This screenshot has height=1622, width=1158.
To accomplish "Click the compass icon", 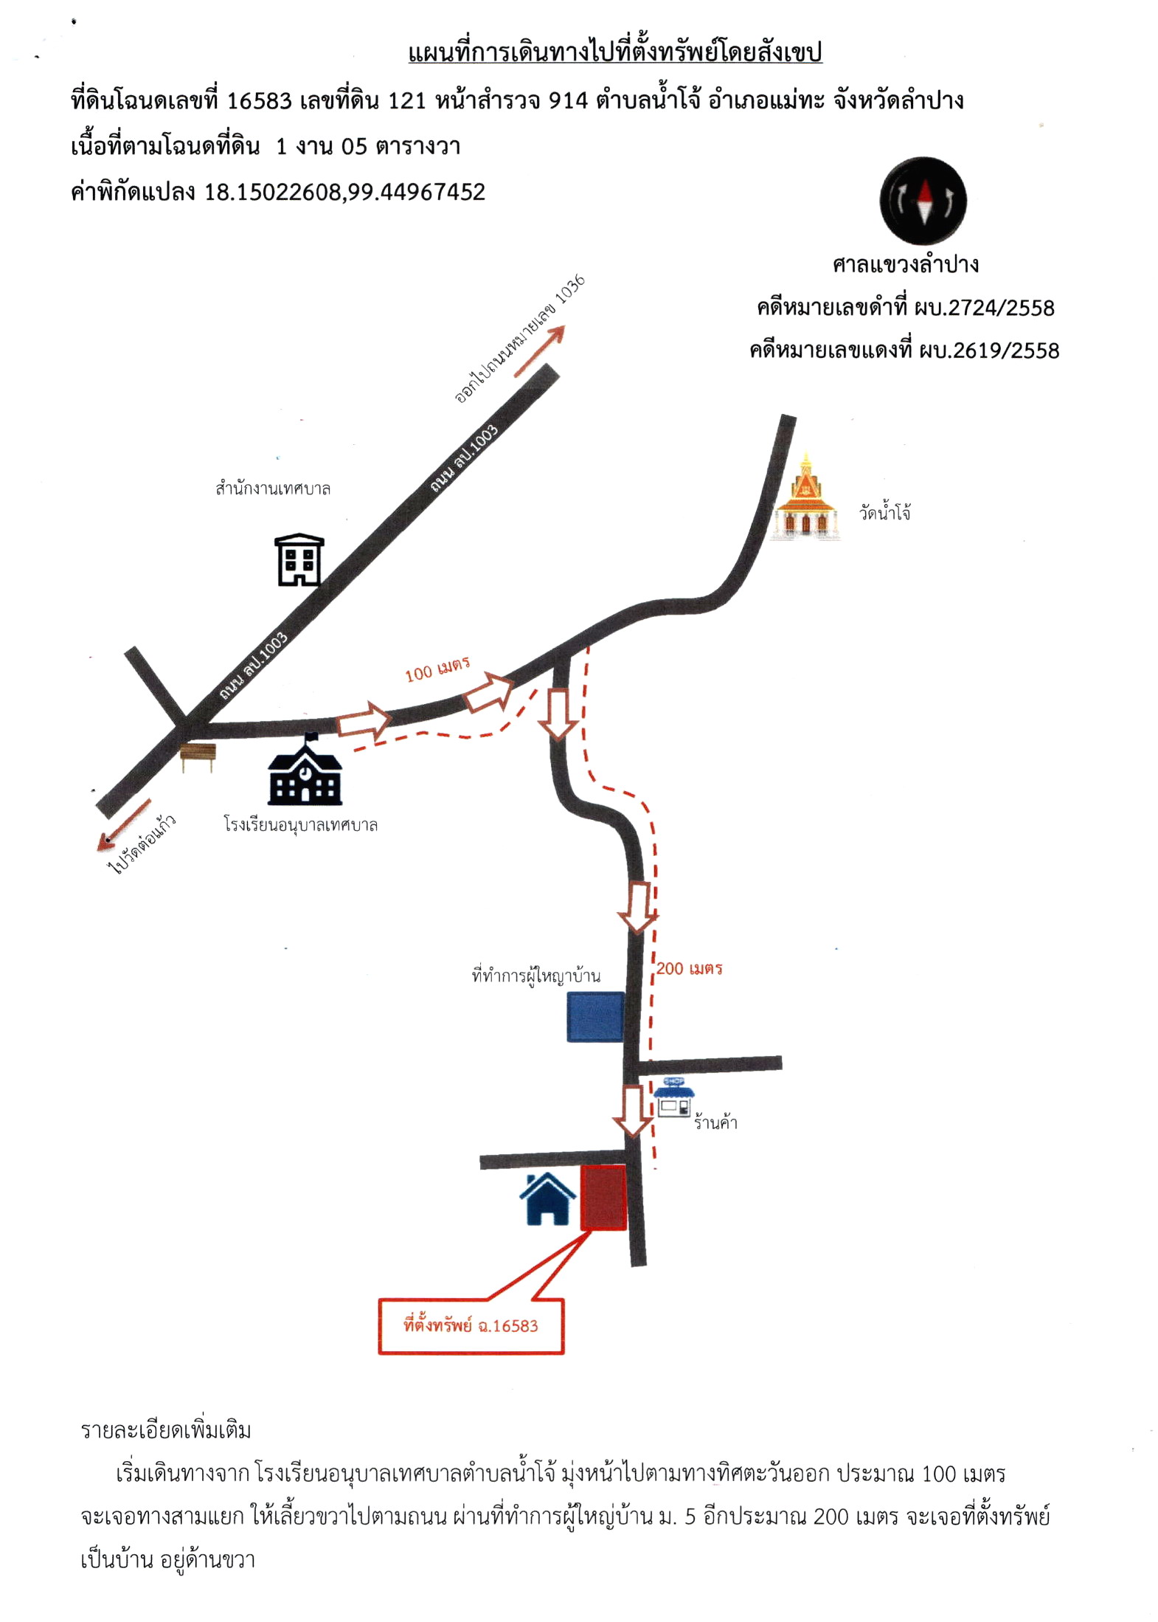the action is (x=923, y=200).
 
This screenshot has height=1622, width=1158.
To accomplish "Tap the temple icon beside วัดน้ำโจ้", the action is (x=805, y=496).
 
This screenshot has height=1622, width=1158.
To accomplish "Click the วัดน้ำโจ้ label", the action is (x=884, y=511).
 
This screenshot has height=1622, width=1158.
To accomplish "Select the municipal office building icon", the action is (x=299, y=559).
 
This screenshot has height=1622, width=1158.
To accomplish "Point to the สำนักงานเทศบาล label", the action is (x=273, y=488).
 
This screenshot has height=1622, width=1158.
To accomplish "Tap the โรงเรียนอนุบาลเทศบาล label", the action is (x=301, y=824).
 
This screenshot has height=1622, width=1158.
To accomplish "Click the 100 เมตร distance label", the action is (x=437, y=669).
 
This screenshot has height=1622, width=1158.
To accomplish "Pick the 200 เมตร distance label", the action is (x=689, y=968).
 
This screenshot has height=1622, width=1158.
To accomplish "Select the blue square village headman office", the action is (x=595, y=1017).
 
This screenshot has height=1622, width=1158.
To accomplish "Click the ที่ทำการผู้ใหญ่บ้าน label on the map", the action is (x=536, y=975).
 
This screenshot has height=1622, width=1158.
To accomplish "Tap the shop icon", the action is (x=674, y=1097).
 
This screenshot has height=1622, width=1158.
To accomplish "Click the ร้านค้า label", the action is (x=715, y=1122).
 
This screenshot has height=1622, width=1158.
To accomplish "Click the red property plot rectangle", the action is (x=603, y=1197).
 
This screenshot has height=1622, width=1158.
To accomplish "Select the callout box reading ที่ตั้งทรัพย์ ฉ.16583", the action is (x=471, y=1326).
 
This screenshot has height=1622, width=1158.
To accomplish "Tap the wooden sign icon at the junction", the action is (x=198, y=757).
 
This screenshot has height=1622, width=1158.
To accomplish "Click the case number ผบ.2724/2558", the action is (x=984, y=307).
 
